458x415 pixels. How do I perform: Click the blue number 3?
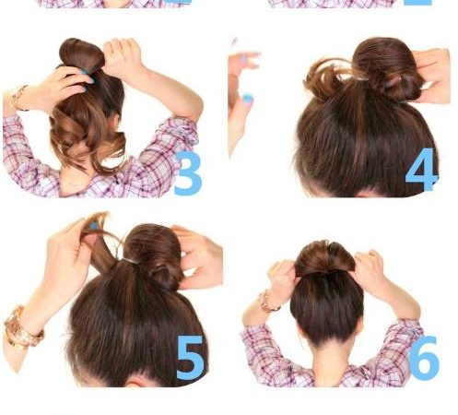[x=187, y=173]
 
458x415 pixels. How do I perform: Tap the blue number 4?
[x=421, y=170]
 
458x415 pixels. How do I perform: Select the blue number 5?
[x=190, y=358]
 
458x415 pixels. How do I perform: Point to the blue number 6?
[x=424, y=358]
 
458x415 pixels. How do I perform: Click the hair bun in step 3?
[x=81, y=54]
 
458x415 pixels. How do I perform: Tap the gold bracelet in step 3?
[x=18, y=98]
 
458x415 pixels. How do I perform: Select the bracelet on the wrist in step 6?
[x=267, y=301]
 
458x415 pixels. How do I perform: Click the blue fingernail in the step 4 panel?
[x=247, y=99]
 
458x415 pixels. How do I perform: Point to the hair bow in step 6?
[x=325, y=257]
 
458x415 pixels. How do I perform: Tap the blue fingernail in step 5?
[x=94, y=226]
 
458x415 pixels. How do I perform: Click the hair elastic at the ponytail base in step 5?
[x=131, y=261]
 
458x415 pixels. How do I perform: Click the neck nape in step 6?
[x=327, y=362]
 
